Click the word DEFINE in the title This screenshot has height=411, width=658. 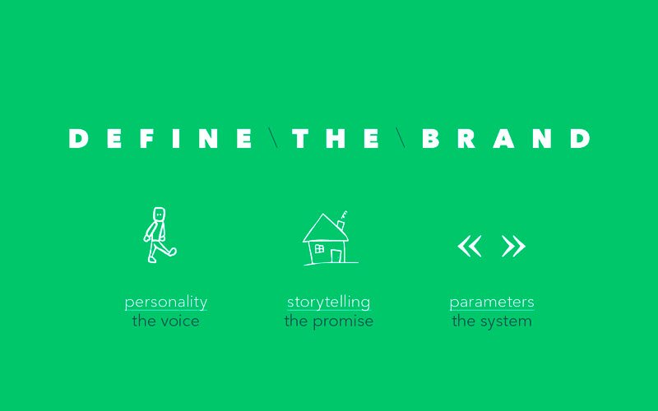click(x=160, y=138)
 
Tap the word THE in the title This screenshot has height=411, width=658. click(x=336, y=138)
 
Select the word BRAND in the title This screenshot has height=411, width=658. click(x=506, y=138)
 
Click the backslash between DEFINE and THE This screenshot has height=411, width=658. click(x=273, y=138)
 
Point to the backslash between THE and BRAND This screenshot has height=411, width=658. click(x=401, y=138)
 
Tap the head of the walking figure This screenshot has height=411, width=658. click(x=159, y=214)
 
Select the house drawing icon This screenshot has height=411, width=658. click(x=331, y=238)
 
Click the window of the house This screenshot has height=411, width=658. click(x=319, y=249)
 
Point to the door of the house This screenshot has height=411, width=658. click(x=336, y=256)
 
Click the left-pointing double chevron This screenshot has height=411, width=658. click(x=470, y=246)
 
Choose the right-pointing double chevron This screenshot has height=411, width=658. click(x=513, y=246)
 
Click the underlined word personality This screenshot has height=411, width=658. click(x=166, y=302)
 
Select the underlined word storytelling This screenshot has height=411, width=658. click(x=328, y=302)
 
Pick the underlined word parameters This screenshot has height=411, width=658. click(x=492, y=302)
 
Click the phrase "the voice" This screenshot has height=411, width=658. click(x=166, y=321)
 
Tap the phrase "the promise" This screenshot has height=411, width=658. click(x=328, y=321)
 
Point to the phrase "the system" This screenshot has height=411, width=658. click(x=492, y=321)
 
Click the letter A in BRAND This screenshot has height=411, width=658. click(x=503, y=138)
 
